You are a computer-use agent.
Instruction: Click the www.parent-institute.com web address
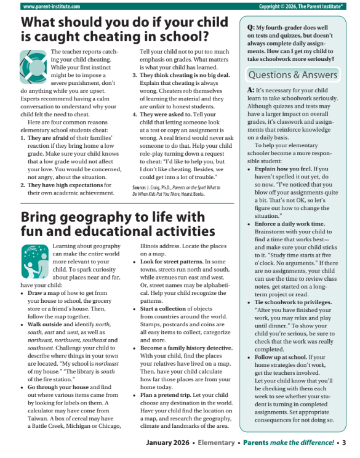pyautogui.click(x=44, y=6)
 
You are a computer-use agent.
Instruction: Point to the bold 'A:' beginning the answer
pyautogui.click(x=250, y=90)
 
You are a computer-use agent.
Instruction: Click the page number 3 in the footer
pyautogui.click(x=344, y=443)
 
